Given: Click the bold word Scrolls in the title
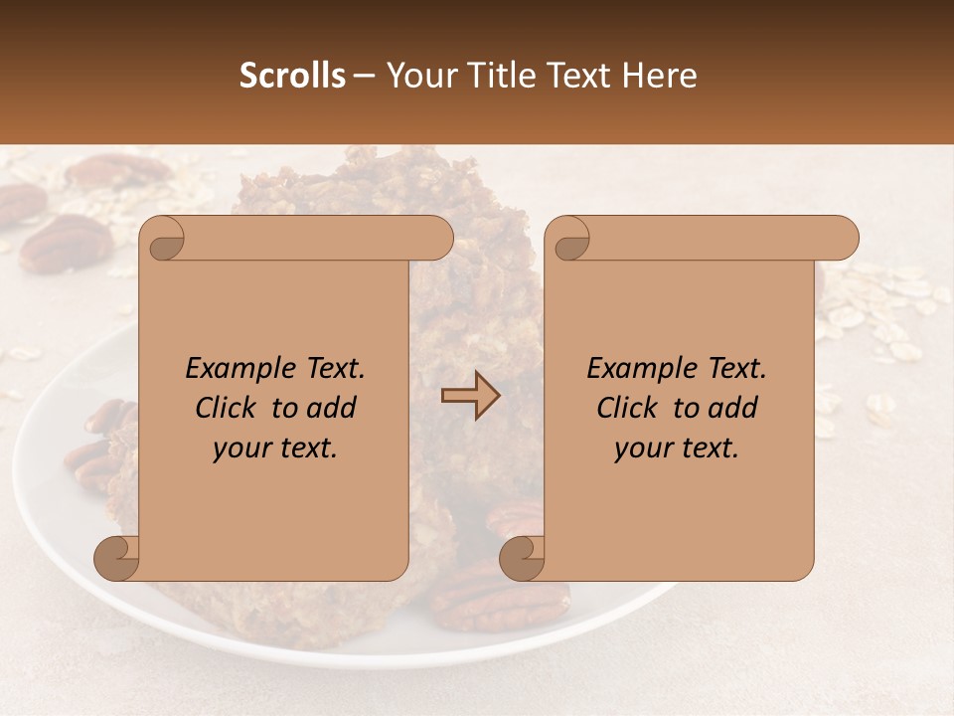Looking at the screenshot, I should click(293, 76).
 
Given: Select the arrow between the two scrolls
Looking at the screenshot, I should click(471, 395).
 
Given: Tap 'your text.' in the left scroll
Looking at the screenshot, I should click(275, 448).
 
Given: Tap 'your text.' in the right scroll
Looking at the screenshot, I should click(677, 448).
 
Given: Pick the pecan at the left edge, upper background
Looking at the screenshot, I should click(65, 244).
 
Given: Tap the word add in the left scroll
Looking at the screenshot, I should click(332, 408).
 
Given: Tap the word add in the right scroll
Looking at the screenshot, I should click(733, 408).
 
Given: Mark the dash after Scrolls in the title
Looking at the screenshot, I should click(365, 76).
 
